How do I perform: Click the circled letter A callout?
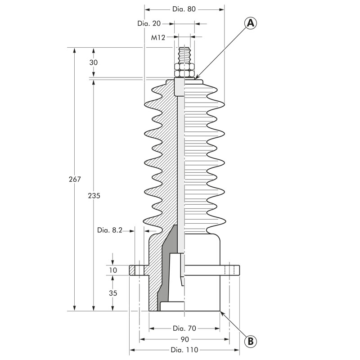(251, 24)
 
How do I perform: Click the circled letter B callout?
(251, 341)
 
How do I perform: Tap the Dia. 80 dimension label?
(184, 9)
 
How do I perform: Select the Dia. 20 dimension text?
(149, 23)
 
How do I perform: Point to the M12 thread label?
(158, 37)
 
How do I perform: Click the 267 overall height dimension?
(75, 179)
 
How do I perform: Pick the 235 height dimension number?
(94, 196)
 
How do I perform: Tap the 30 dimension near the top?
(94, 62)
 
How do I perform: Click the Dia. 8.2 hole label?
(110, 230)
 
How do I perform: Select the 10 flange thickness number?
(113, 270)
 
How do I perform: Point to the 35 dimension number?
(113, 293)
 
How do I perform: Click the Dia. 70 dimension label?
(184, 328)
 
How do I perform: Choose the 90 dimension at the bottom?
(184, 339)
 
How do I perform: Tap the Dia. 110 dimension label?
(184, 350)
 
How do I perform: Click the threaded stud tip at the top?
(184, 48)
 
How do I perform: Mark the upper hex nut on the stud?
(184, 67)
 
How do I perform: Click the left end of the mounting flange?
(130, 270)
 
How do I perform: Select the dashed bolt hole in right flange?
(229, 270)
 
